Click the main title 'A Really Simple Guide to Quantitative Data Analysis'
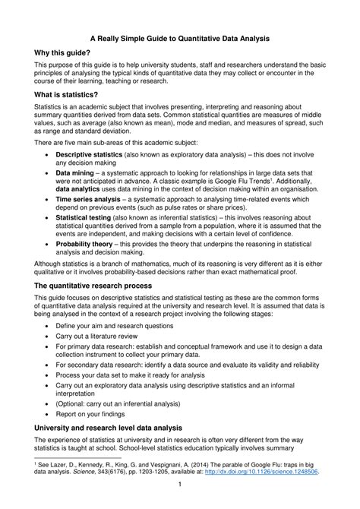[x=180, y=36]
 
